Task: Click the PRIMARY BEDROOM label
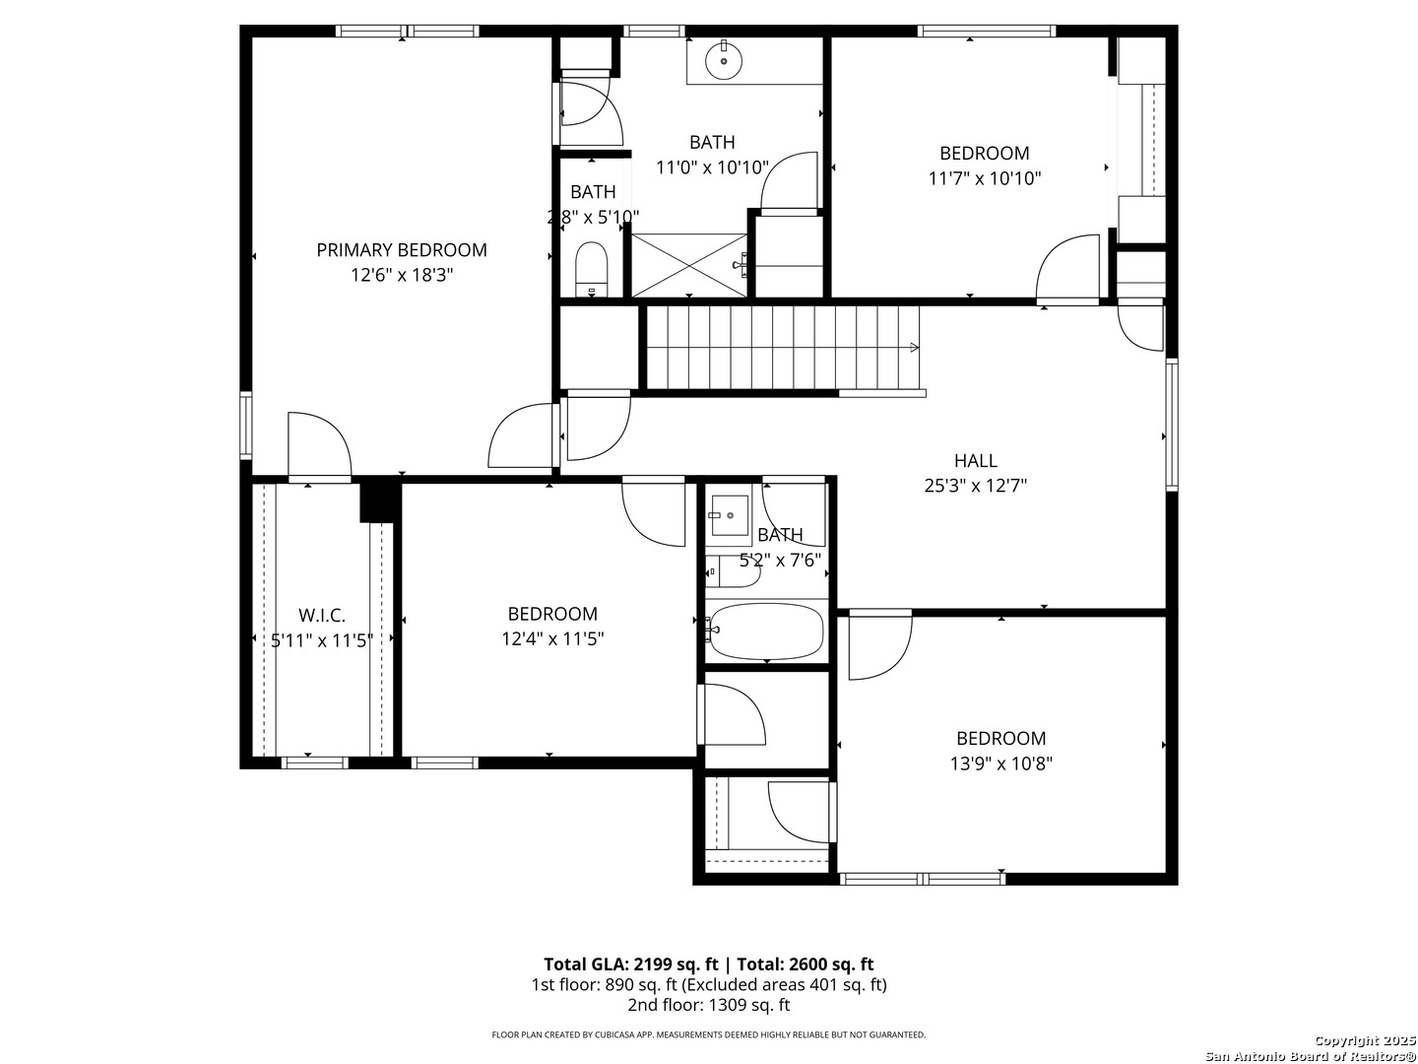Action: (401, 250)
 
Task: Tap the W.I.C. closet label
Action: (322, 616)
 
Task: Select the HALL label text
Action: (975, 460)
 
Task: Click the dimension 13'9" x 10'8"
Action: (1000, 763)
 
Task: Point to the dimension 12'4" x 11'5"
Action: (552, 638)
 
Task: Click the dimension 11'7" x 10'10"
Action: (984, 178)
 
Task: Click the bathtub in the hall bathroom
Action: (766, 632)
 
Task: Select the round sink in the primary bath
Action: (724, 60)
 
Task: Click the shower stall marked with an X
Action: (688, 264)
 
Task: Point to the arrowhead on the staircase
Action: (915, 347)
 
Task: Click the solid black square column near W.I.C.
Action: (379, 500)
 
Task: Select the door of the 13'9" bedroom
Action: (878, 644)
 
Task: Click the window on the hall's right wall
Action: (1171, 425)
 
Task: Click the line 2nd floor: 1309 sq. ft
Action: (708, 1005)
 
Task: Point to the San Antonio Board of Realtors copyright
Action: (1310, 1055)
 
